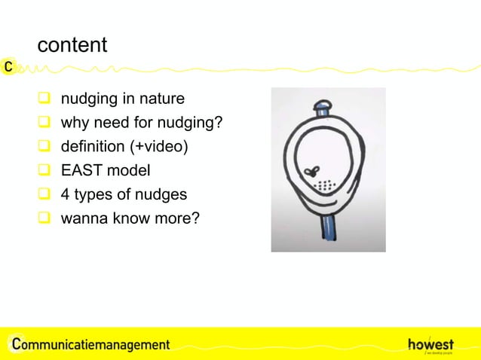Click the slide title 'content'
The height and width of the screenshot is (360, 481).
pyautogui.click(x=72, y=45)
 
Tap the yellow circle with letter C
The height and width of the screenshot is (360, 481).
pyautogui.click(x=8, y=66)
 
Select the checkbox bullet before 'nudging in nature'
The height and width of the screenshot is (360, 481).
pyautogui.click(x=44, y=99)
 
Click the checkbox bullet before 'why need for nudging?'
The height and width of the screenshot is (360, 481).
pyautogui.click(x=44, y=124)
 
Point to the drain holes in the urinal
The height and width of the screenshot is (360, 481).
pyautogui.click(x=323, y=185)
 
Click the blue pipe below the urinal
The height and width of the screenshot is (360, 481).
pyautogui.click(x=329, y=230)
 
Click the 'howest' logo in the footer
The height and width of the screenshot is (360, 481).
pyautogui.click(x=430, y=343)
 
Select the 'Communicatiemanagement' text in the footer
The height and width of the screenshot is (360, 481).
pyautogui.click(x=91, y=344)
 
